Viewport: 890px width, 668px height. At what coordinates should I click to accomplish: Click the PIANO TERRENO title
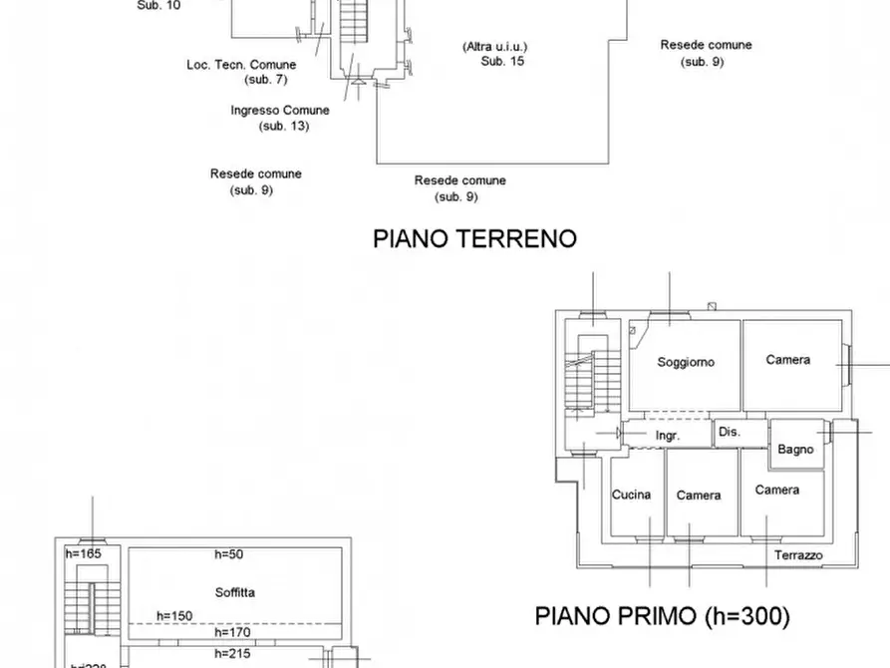474,239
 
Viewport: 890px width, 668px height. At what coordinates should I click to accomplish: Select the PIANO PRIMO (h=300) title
662,616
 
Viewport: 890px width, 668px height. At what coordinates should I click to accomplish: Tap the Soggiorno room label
686,363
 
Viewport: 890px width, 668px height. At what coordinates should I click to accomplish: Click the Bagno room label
795,450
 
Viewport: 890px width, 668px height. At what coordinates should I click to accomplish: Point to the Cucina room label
631,495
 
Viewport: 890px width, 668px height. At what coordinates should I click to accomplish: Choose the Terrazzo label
798,555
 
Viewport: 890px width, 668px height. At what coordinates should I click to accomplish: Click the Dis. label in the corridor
729,433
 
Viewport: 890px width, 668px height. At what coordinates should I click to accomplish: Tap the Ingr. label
668,437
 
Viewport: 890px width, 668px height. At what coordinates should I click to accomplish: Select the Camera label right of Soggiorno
787,360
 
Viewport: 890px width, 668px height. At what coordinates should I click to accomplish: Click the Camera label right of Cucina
699,496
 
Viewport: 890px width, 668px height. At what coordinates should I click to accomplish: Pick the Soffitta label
234,592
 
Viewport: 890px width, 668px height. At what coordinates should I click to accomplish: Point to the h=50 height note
229,554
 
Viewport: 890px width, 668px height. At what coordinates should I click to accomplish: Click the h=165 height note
84,553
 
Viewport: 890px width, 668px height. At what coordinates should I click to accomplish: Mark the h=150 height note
174,616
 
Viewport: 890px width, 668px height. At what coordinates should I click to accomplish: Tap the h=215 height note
233,654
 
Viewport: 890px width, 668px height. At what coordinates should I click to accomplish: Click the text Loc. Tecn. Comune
241,65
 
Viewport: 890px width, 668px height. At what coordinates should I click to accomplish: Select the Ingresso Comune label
280,111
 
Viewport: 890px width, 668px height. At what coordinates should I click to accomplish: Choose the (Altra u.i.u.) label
494,47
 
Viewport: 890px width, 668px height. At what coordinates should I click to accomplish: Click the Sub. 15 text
502,61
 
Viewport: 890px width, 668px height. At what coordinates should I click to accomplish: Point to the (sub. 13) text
284,127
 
